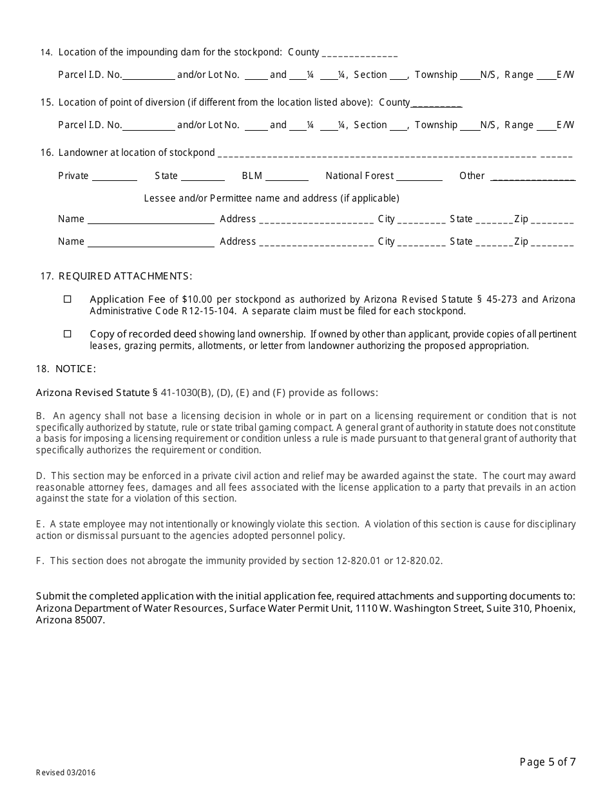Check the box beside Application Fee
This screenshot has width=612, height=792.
tap(68, 299)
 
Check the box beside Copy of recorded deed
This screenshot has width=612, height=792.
tap(68, 334)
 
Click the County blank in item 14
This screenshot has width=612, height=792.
tap(359, 54)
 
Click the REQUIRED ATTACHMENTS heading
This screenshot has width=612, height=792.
tap(125, 276)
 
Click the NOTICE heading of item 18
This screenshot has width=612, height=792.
tap(75, 369)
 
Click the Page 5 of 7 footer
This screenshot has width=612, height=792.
tap(548, 762)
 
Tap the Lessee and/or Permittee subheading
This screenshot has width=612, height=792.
tap(271, 198)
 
